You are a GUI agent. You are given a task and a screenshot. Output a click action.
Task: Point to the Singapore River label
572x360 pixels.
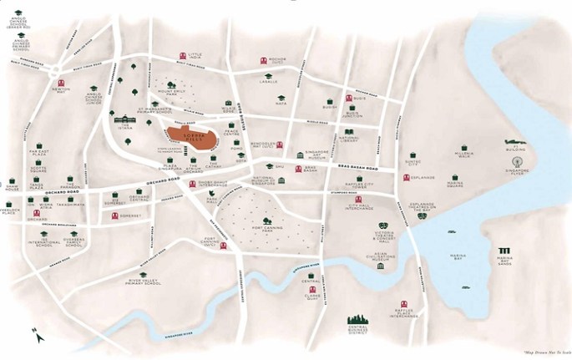coord(180,333)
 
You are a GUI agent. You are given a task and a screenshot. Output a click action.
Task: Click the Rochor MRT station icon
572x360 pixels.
coord(264,60)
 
